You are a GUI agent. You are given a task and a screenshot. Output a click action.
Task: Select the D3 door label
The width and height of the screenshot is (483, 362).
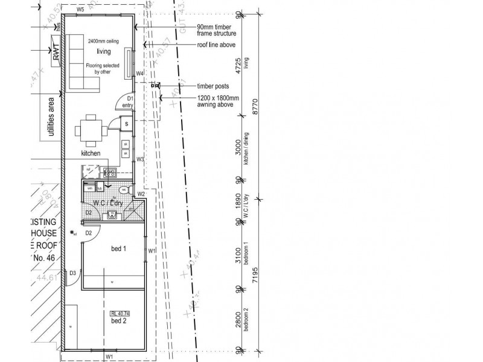73,273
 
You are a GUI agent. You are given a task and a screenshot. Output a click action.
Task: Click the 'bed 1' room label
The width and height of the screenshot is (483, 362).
118,248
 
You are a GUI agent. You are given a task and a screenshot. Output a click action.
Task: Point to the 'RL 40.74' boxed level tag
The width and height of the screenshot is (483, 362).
120,314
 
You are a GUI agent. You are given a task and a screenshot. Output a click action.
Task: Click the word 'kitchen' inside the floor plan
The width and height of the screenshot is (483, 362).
91,154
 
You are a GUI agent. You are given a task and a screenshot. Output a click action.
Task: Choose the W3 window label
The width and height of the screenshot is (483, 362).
139,159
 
